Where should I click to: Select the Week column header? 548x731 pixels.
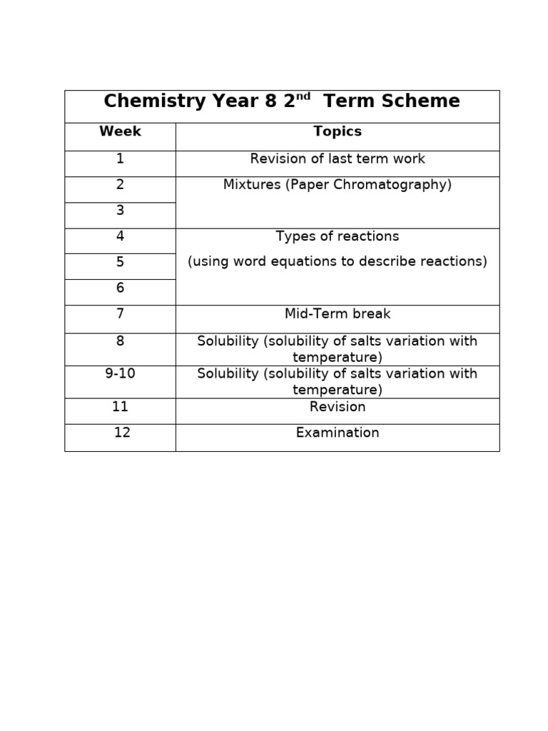coord(120,131)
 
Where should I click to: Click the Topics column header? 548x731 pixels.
coord(338,131)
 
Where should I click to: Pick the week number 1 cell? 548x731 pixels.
coord(120,159)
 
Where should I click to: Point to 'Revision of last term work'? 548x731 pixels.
coord(338,159)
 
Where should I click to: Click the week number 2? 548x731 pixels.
coord(120,185)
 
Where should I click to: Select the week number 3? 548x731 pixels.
coord(120,211)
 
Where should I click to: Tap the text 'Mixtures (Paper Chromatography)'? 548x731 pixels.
coord(338,185)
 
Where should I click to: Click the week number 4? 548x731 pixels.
coord(120,236)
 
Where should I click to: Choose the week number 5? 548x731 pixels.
coord(120,262)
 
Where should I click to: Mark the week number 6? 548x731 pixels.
coord(120,288)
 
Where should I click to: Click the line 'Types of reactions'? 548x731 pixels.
coord(338,236)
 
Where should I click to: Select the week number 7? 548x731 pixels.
coord(120,314)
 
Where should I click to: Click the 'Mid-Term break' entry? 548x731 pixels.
coord(338,314)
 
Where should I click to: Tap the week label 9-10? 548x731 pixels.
coord(120,374)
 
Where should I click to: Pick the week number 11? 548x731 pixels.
coord(120,407)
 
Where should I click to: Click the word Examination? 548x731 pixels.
coord(338,433)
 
